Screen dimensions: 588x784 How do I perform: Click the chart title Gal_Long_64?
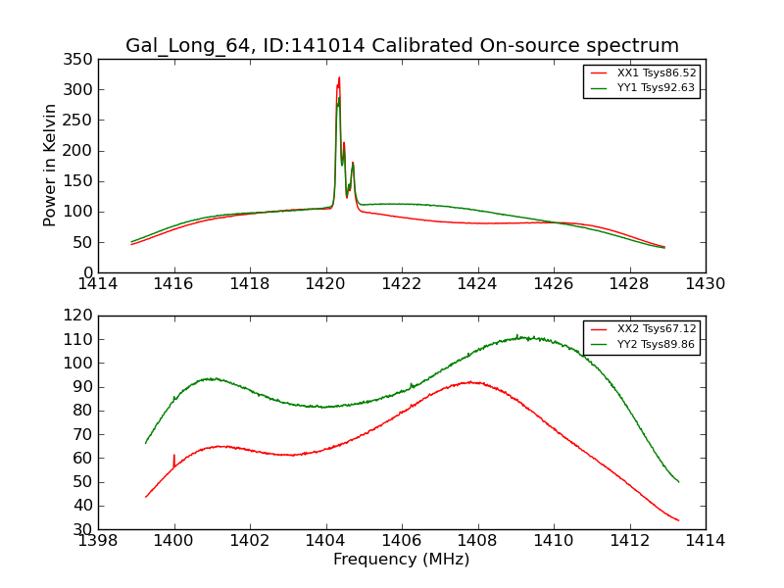(x=402, y=46)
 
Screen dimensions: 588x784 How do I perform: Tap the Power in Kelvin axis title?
(x=50, y=165)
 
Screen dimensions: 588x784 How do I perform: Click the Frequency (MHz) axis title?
(x=402, y=560)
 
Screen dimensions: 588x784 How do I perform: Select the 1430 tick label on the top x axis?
(x=706, y=283)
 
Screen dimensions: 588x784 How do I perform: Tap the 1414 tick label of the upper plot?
(x=98, y=283)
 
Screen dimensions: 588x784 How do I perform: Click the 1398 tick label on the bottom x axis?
(x=98, y=540)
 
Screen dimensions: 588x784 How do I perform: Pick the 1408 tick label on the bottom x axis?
(x=477, y=540)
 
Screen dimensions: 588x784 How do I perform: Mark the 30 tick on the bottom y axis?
(x=83, y=529)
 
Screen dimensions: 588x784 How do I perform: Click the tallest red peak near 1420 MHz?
(x=339, y=77)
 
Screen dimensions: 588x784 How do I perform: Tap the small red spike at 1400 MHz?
(x=173, y=456)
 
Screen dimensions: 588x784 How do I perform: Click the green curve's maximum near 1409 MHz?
(x=518, y=336)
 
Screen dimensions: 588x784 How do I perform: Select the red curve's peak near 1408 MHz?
(x=471, y=382)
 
